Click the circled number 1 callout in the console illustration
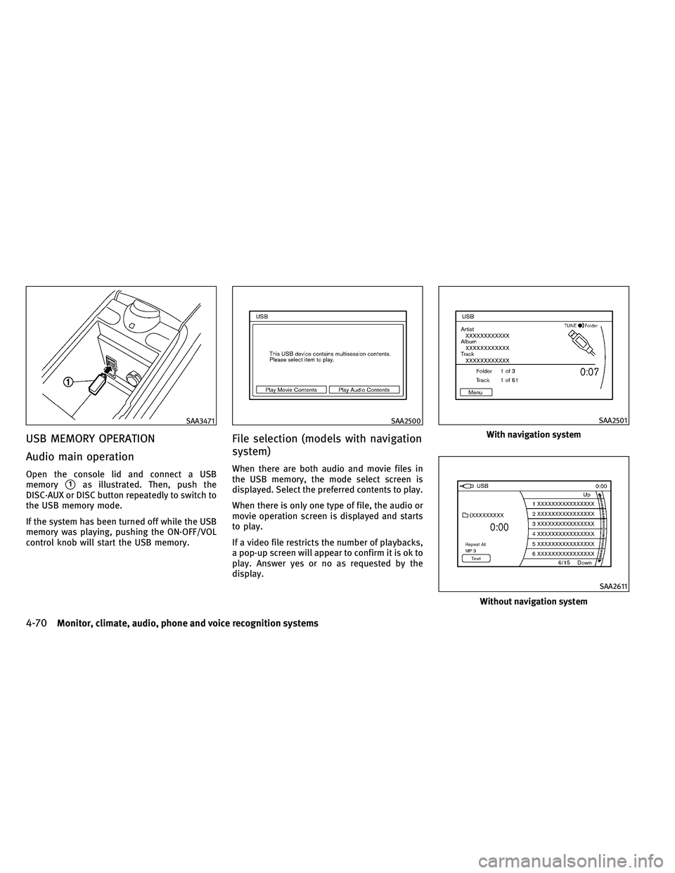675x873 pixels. pyautogui.click(x=69, y=382)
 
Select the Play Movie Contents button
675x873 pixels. pyautogui.click(x=291, y=389)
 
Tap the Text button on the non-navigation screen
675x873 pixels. pyautogui.click(x=476, y=558)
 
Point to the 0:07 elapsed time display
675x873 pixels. pyautogui.click(x=590, y=372)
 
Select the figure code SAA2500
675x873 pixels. pyautogui.click(x=406, y=420)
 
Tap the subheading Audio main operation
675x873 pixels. pyautogui.click(x=80, y=457)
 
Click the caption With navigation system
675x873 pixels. pyautogui.click(x=534, y=434)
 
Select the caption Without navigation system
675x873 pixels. pyautogui.click(x=534, y=602)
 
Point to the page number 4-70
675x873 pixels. pyautogui.click(x=37, y=623)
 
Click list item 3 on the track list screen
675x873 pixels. pyautogui.click(x=563, y=524)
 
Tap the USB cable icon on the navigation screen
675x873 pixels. pyautogui.click(x=579, y=342)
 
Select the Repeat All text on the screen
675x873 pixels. pyautogui.click(x=476, y=544)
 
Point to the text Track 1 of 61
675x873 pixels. pyautogui.click(x=497, y=380)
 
